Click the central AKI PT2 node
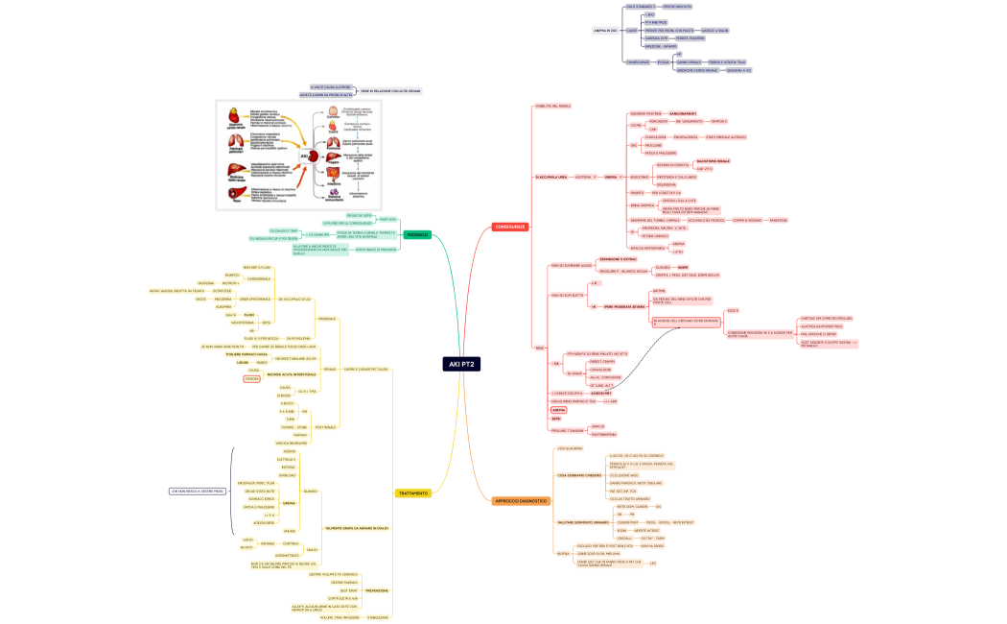pos(461,364)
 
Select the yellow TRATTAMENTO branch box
pos(412,493)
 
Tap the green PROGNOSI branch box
pos(417,234)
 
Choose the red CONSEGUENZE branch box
pos(509,227)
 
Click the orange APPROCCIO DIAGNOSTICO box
pos(522,501)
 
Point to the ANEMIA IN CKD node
pos(606,31)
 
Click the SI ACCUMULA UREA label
pos(551,177)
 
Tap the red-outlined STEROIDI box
pos(252,379)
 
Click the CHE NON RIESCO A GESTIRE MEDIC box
pos(198,491)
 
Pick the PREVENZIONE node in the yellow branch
pos(377,590)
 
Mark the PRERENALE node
pos(327,318)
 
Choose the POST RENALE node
pos(326,426)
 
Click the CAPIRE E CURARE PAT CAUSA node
pos(365,369)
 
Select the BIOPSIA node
pos(563,554)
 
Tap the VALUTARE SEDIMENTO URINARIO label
pos(582,521)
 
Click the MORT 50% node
pos(387,219)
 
